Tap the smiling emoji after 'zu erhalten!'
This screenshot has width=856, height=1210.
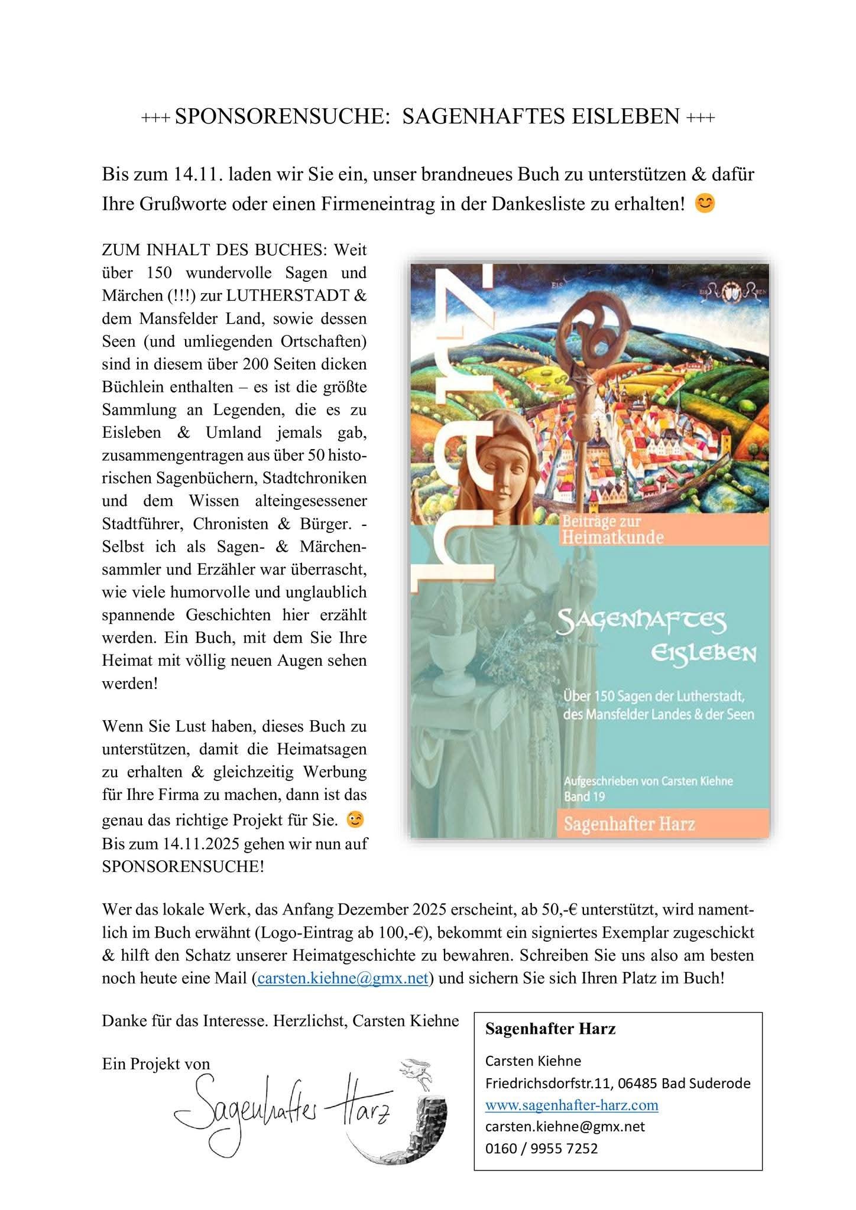click(x=704, y=204)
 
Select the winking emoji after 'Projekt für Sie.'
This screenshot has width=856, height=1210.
click(x=355, y=819)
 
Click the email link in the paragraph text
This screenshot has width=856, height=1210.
click(x=343, y=978)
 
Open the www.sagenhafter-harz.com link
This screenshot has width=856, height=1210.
click(x=571, y=1105)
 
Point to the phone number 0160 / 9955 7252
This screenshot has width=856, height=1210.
click(x=541, y=1148)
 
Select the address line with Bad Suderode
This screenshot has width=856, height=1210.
click(x=617, y=1083)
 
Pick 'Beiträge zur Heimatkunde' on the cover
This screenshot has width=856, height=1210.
click(x=612, y=529)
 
